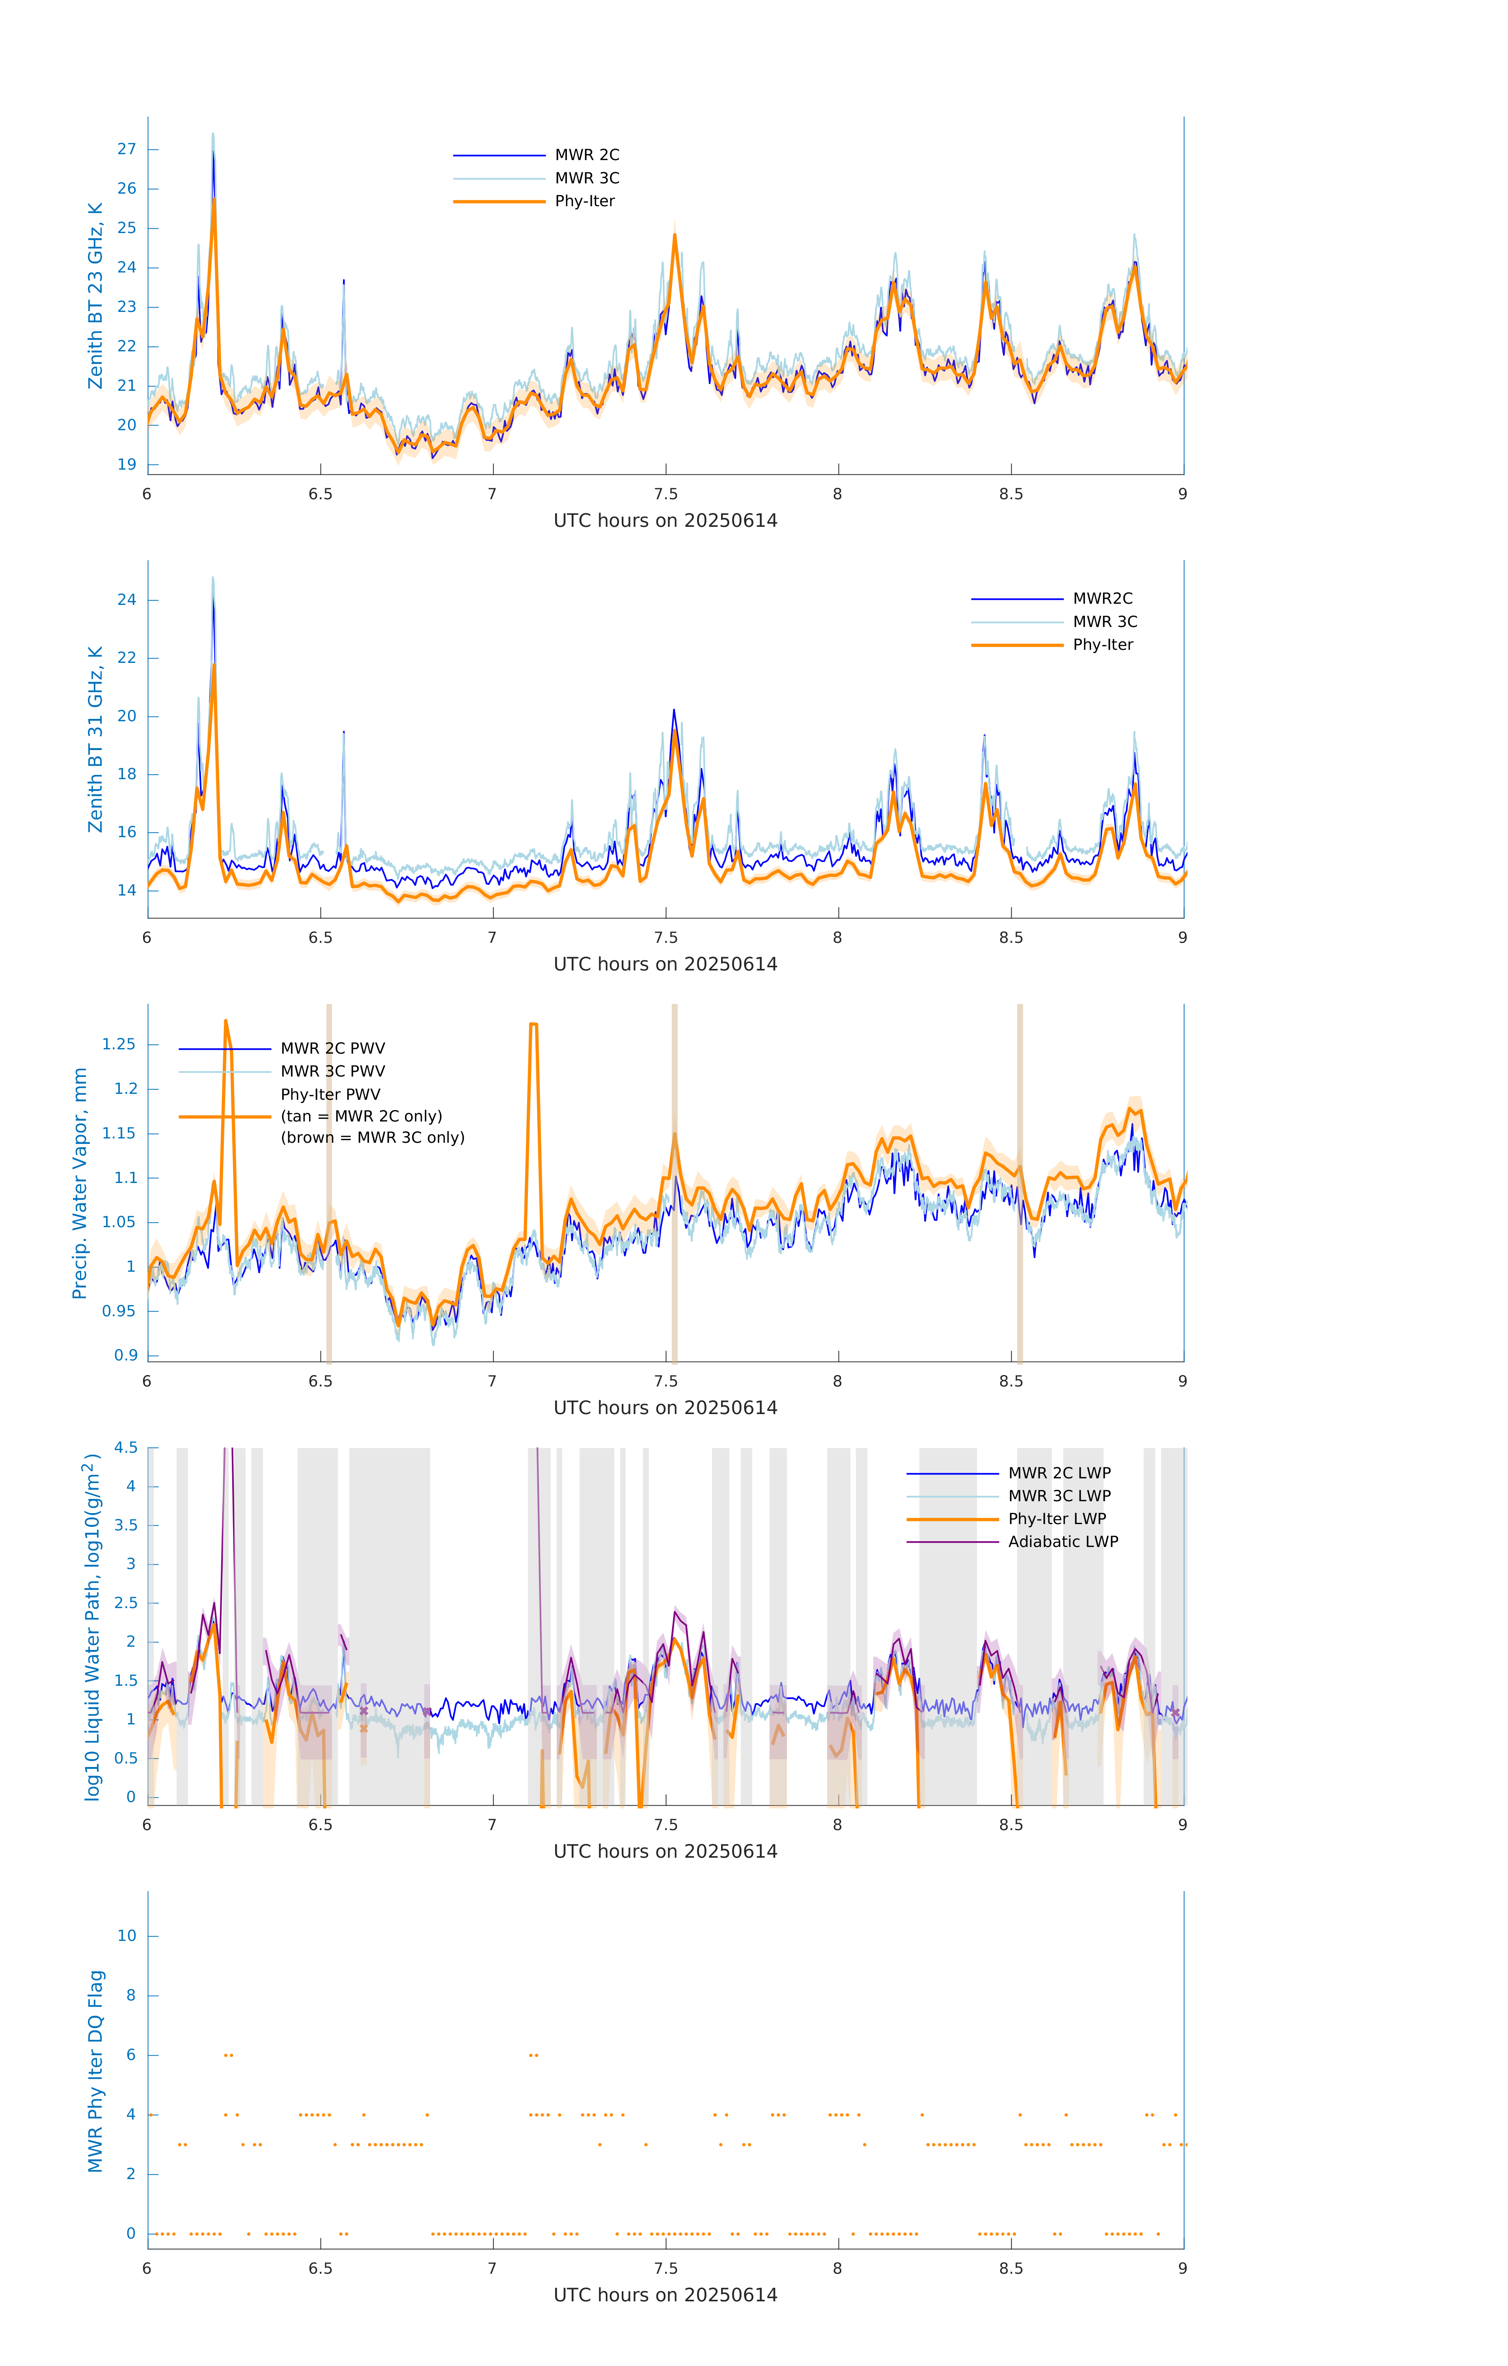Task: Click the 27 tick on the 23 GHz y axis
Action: (127, 149)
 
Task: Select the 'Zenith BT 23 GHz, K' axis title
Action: (95, 296)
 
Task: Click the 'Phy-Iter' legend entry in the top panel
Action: (585, 202)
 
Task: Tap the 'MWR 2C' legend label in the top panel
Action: (587, 155)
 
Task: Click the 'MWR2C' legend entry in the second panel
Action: (1102, 598)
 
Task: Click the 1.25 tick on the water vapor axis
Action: (119, 1045)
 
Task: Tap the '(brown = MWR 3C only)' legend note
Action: (372, 1138)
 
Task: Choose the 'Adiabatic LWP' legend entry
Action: (1063, 1541)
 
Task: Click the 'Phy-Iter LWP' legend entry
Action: (1057, 1519)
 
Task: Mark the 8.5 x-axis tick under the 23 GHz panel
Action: (1011, 494)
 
